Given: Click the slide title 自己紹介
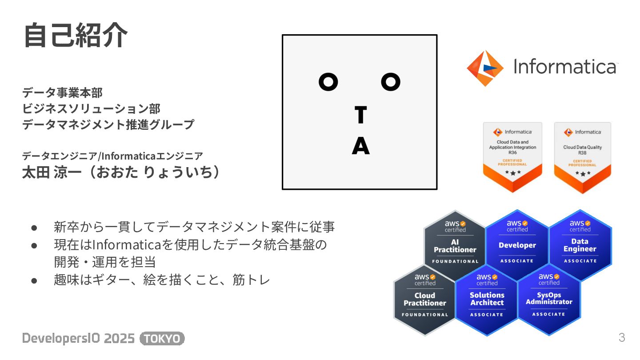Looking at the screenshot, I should click(76, 36).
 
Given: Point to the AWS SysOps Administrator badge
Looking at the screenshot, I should click(549, 298).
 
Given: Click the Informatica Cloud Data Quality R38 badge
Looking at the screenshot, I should click(582, 156).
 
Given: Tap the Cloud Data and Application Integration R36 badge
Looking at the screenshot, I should click(512, 156).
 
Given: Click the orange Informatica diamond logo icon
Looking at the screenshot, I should click(485, 68).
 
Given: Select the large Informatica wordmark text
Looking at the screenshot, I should click(565, 67).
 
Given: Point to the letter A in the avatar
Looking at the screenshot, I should click(360, 146).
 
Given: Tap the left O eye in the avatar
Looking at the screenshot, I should click(328, 82).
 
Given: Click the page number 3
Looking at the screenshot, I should click(622, 337).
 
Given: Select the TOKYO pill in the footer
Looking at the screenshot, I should click(162, 339).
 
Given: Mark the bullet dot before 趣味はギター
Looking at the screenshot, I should click(34, 280).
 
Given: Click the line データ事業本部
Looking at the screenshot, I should click(62, 92).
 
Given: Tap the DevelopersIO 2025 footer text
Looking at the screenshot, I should click(78, 339).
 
